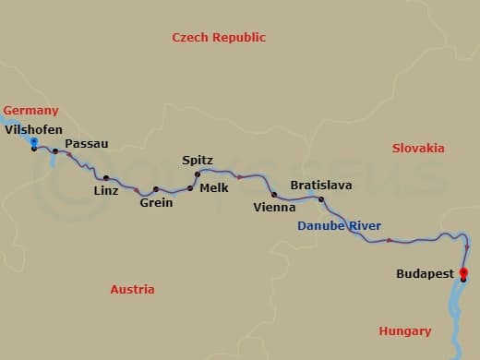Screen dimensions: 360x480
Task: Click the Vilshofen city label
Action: point(32,130)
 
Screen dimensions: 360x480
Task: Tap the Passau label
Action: point(87,144)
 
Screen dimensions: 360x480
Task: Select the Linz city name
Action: point(106,191)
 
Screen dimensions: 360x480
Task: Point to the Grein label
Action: point(156,203)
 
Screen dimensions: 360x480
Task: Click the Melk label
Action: point(213,187)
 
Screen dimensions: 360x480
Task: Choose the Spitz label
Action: point(198,160)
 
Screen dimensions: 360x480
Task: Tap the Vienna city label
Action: point(274,208)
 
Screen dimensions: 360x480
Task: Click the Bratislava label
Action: point(320,186)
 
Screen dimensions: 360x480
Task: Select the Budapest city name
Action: point(425,274)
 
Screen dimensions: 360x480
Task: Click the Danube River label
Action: point(339,226)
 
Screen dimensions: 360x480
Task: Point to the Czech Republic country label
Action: point(219,37)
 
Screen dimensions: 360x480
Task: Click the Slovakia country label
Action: point(418,148)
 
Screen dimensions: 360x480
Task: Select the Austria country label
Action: point(132,289)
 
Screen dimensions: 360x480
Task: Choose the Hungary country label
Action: point(404,330)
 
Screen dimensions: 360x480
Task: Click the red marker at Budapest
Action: point(463,272)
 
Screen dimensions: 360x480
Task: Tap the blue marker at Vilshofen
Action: point(34,141)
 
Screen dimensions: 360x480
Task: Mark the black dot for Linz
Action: point(106,177)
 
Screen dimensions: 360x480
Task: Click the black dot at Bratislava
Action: point(321,199)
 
